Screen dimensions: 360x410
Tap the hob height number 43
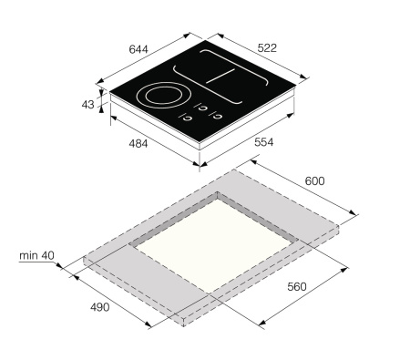coord(87,105)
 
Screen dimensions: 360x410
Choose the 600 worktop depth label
coord(314,181)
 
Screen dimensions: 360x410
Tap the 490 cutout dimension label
coord(97,306)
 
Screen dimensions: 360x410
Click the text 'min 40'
coord(37,255)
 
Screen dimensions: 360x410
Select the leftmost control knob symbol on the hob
coord(189,116)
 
